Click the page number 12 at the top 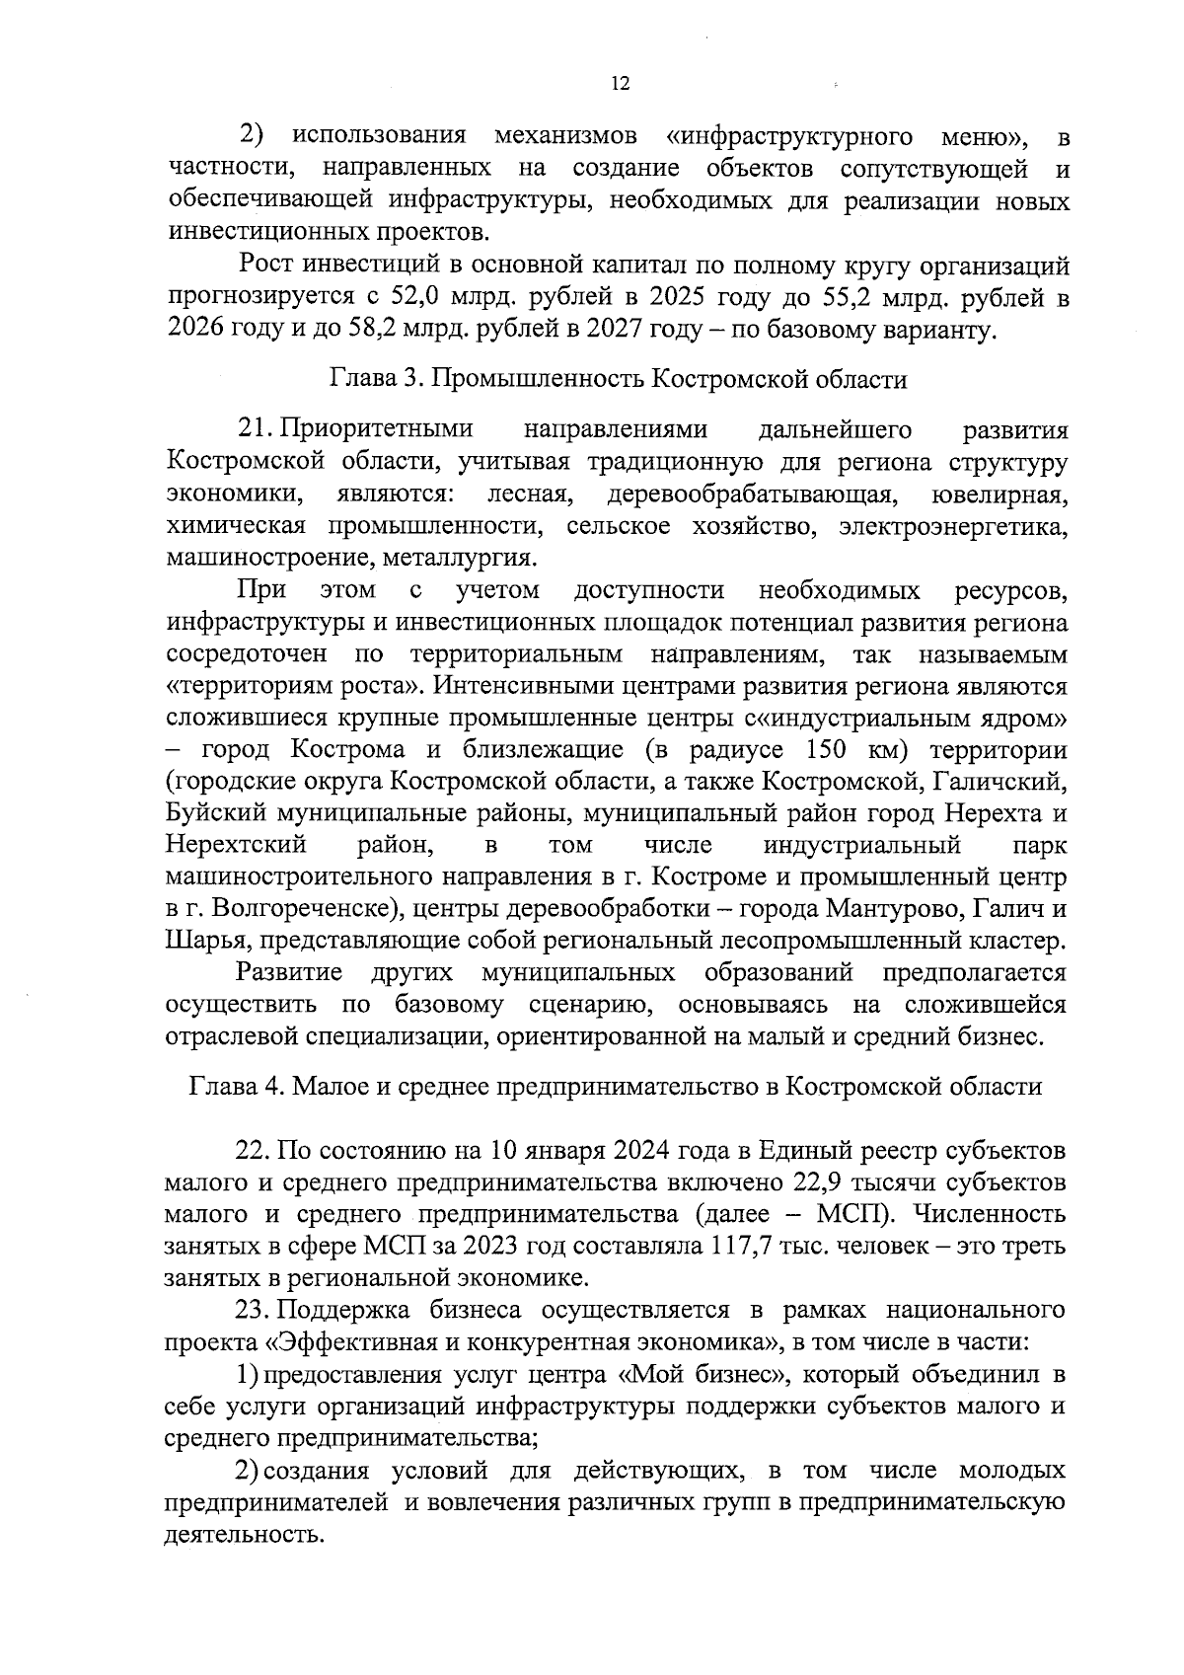(620, 84)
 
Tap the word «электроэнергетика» (954, 526)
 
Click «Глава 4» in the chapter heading (235, 1087)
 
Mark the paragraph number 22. (254, 1151)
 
